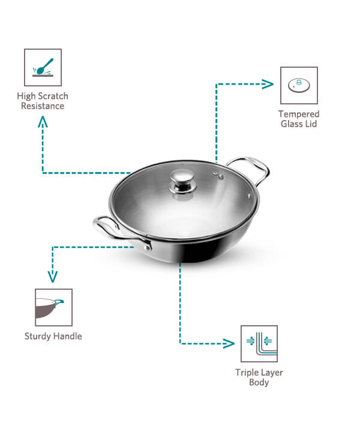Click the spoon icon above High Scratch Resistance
click(x=43, y=67)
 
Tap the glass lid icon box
click(x=299, y=85)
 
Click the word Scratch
click(x=53, y=96)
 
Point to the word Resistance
click(x=43, y=106)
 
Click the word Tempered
click(x=299, y=114)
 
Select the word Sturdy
click(x=37, y=336)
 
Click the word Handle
click(x=67, y=336)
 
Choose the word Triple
click(x=245, y=373)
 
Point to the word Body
click(x=259, y=382)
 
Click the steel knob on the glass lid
click(x=182, y=181)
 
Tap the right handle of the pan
click(x=251, y=169)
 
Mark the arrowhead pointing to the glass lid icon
click(x=268, y=84)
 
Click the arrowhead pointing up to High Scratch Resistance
click(x=43, y=121)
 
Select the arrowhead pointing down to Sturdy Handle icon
click(x=53, y=277)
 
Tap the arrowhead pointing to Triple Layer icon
click(x=229, y=343)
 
